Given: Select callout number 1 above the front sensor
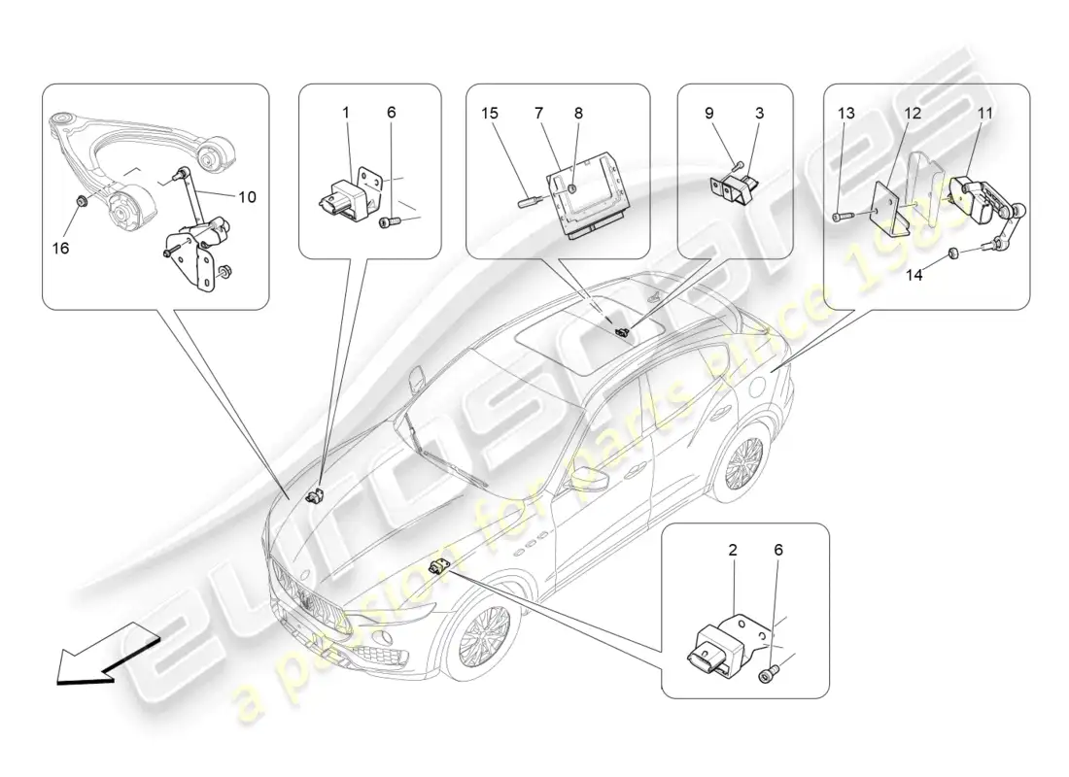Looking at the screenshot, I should pos(345,114).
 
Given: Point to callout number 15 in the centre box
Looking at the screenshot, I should pos(491,114).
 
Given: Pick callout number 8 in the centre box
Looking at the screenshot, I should pos(578,114).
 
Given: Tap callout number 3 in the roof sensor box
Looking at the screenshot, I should pos(759,114).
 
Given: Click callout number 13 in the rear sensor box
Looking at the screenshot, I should pos(846,114).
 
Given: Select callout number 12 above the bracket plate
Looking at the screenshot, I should pos(913,114).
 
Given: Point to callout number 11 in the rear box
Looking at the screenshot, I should pos(985,114).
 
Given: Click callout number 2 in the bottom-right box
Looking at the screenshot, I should pos(733,550).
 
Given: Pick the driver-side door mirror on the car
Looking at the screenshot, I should pos(586,479).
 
